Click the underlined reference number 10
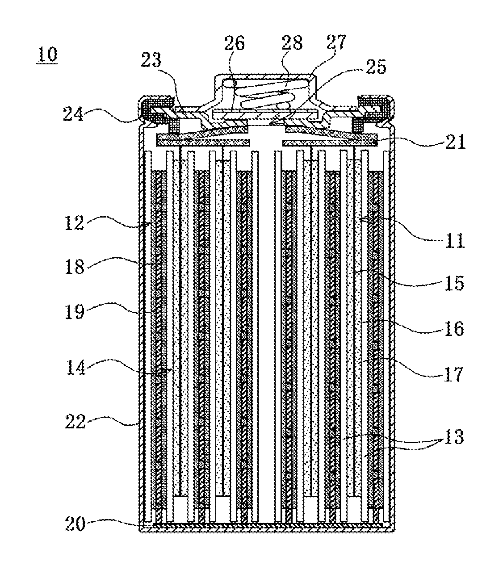tap(47, 54)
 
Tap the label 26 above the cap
tap(235, 43)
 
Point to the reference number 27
tap(336, 42)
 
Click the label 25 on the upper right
tap(376, 67)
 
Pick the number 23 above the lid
tap(151, 60)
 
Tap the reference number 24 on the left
tap(73, 114)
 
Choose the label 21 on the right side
tap(455, 142)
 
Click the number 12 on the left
tap(74, 223)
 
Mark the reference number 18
tap(75, 267)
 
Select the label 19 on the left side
tap(75, 312)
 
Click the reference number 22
tap(75, 422)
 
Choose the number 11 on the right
tap(455, 240)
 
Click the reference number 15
tap(454, 283)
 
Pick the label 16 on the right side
tap(454, 328)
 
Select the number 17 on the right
tap(454, 374)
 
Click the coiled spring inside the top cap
tap(264, 93)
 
